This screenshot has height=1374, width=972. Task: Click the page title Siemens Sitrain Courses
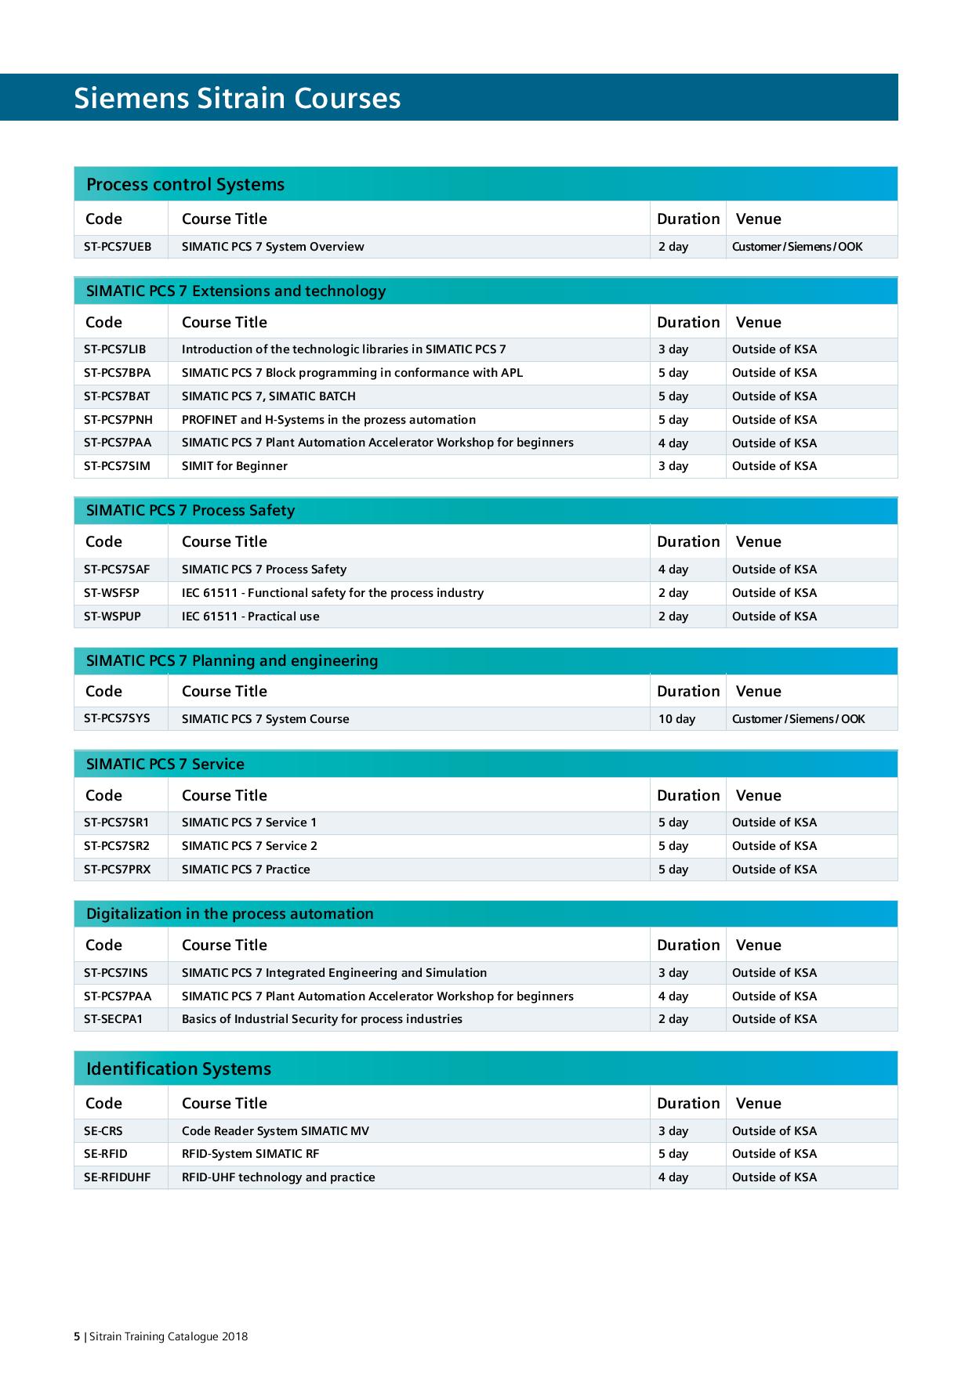point(237,99)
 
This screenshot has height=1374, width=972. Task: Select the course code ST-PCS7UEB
point(118,247)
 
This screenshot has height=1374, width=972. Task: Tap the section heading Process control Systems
point(185,185)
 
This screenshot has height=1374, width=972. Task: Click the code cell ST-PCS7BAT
point(117,396)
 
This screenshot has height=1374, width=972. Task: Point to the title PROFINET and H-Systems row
point(328,420)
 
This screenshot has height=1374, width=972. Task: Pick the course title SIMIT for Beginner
point(234,466)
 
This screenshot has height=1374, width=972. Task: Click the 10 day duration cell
point(676,719)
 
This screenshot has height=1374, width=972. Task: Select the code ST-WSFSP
point(111,593)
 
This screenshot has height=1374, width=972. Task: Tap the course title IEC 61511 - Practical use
point(250,616)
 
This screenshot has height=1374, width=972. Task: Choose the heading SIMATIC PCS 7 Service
point(165,765)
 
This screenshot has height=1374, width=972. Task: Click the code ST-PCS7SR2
point(117,846)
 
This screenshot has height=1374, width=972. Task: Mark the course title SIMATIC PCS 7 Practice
point(245,870)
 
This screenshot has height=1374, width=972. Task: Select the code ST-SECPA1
point(114,1019)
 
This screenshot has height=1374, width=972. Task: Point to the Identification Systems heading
point(179,1069)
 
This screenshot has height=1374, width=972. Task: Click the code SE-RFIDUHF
point(117,1177)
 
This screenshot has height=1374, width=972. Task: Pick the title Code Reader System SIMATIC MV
point(275,1131)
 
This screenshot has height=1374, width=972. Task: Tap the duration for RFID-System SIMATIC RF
point(673,1154)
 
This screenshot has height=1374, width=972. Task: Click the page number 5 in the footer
point(76,1336)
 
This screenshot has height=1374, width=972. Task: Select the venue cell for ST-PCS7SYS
point(798,719)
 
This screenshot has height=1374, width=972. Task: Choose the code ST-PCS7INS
point(116,973)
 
